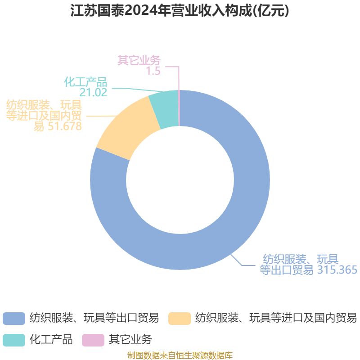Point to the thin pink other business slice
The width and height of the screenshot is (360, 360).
pyautogui.click(x=179, y=108)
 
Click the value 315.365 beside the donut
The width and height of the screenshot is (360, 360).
pyautogui.click(x=337, y=270)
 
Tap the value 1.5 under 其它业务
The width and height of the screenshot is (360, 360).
pyautogui.click(x=153, y=71)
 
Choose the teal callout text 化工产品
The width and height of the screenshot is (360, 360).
pyautogui.click(x=85, y=82)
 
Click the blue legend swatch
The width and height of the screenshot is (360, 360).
pyautogui.click(x=14, y=318)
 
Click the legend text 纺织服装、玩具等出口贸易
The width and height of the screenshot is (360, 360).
pyautogui.click(x=94, y=318)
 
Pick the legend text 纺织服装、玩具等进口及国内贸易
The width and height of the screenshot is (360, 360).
pyautogui.click(x=276, y=318)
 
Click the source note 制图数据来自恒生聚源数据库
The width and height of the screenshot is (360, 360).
pyautogui.click(x=180, y=355)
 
